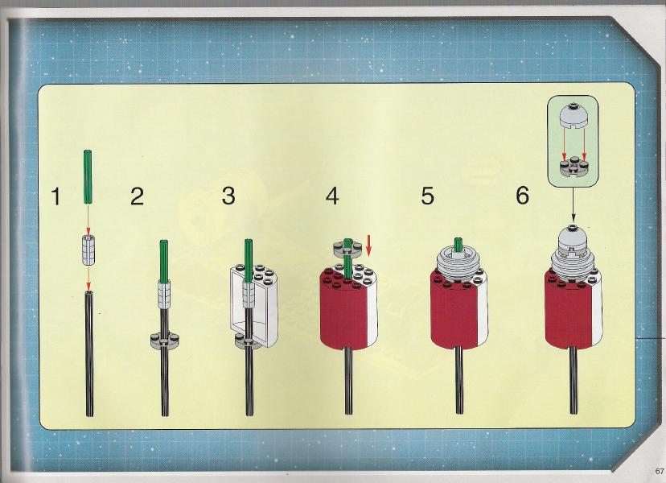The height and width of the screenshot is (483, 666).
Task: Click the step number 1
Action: click(x=55, y=197)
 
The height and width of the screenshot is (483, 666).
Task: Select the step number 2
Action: click(x=137, y=197)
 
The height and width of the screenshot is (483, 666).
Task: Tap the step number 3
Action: click(x=228, y=196)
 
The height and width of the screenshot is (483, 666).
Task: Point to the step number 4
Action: click(x=332, y=196)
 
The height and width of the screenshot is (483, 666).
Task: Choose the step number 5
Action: click(x=427, y=196)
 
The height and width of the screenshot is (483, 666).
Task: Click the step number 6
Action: click(x=523, y=196)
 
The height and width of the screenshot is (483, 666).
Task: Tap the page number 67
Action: click(x=660, y=471)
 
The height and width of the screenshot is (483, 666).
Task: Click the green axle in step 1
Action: click(x=88, y=177)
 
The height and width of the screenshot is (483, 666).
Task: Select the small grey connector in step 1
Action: click(x=88, y=250)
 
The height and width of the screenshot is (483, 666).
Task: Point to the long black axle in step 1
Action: click(x=89, y=353)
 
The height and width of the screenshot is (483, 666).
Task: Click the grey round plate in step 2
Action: click(x=164, y=339)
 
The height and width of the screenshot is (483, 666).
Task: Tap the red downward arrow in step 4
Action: click(x=368, y=246)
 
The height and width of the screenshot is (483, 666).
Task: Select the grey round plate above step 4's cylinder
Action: click(x=347, y=248)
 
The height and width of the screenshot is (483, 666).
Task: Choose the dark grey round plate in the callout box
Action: click(x=573, y=167)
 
